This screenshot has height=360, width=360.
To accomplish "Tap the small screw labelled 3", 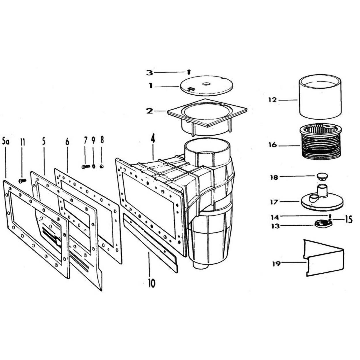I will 189,72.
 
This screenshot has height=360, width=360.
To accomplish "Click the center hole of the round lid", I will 206,84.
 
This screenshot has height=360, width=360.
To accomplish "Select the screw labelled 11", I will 22,181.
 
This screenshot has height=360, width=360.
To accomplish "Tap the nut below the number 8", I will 101,166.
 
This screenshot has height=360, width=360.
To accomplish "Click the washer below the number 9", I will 94,166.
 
